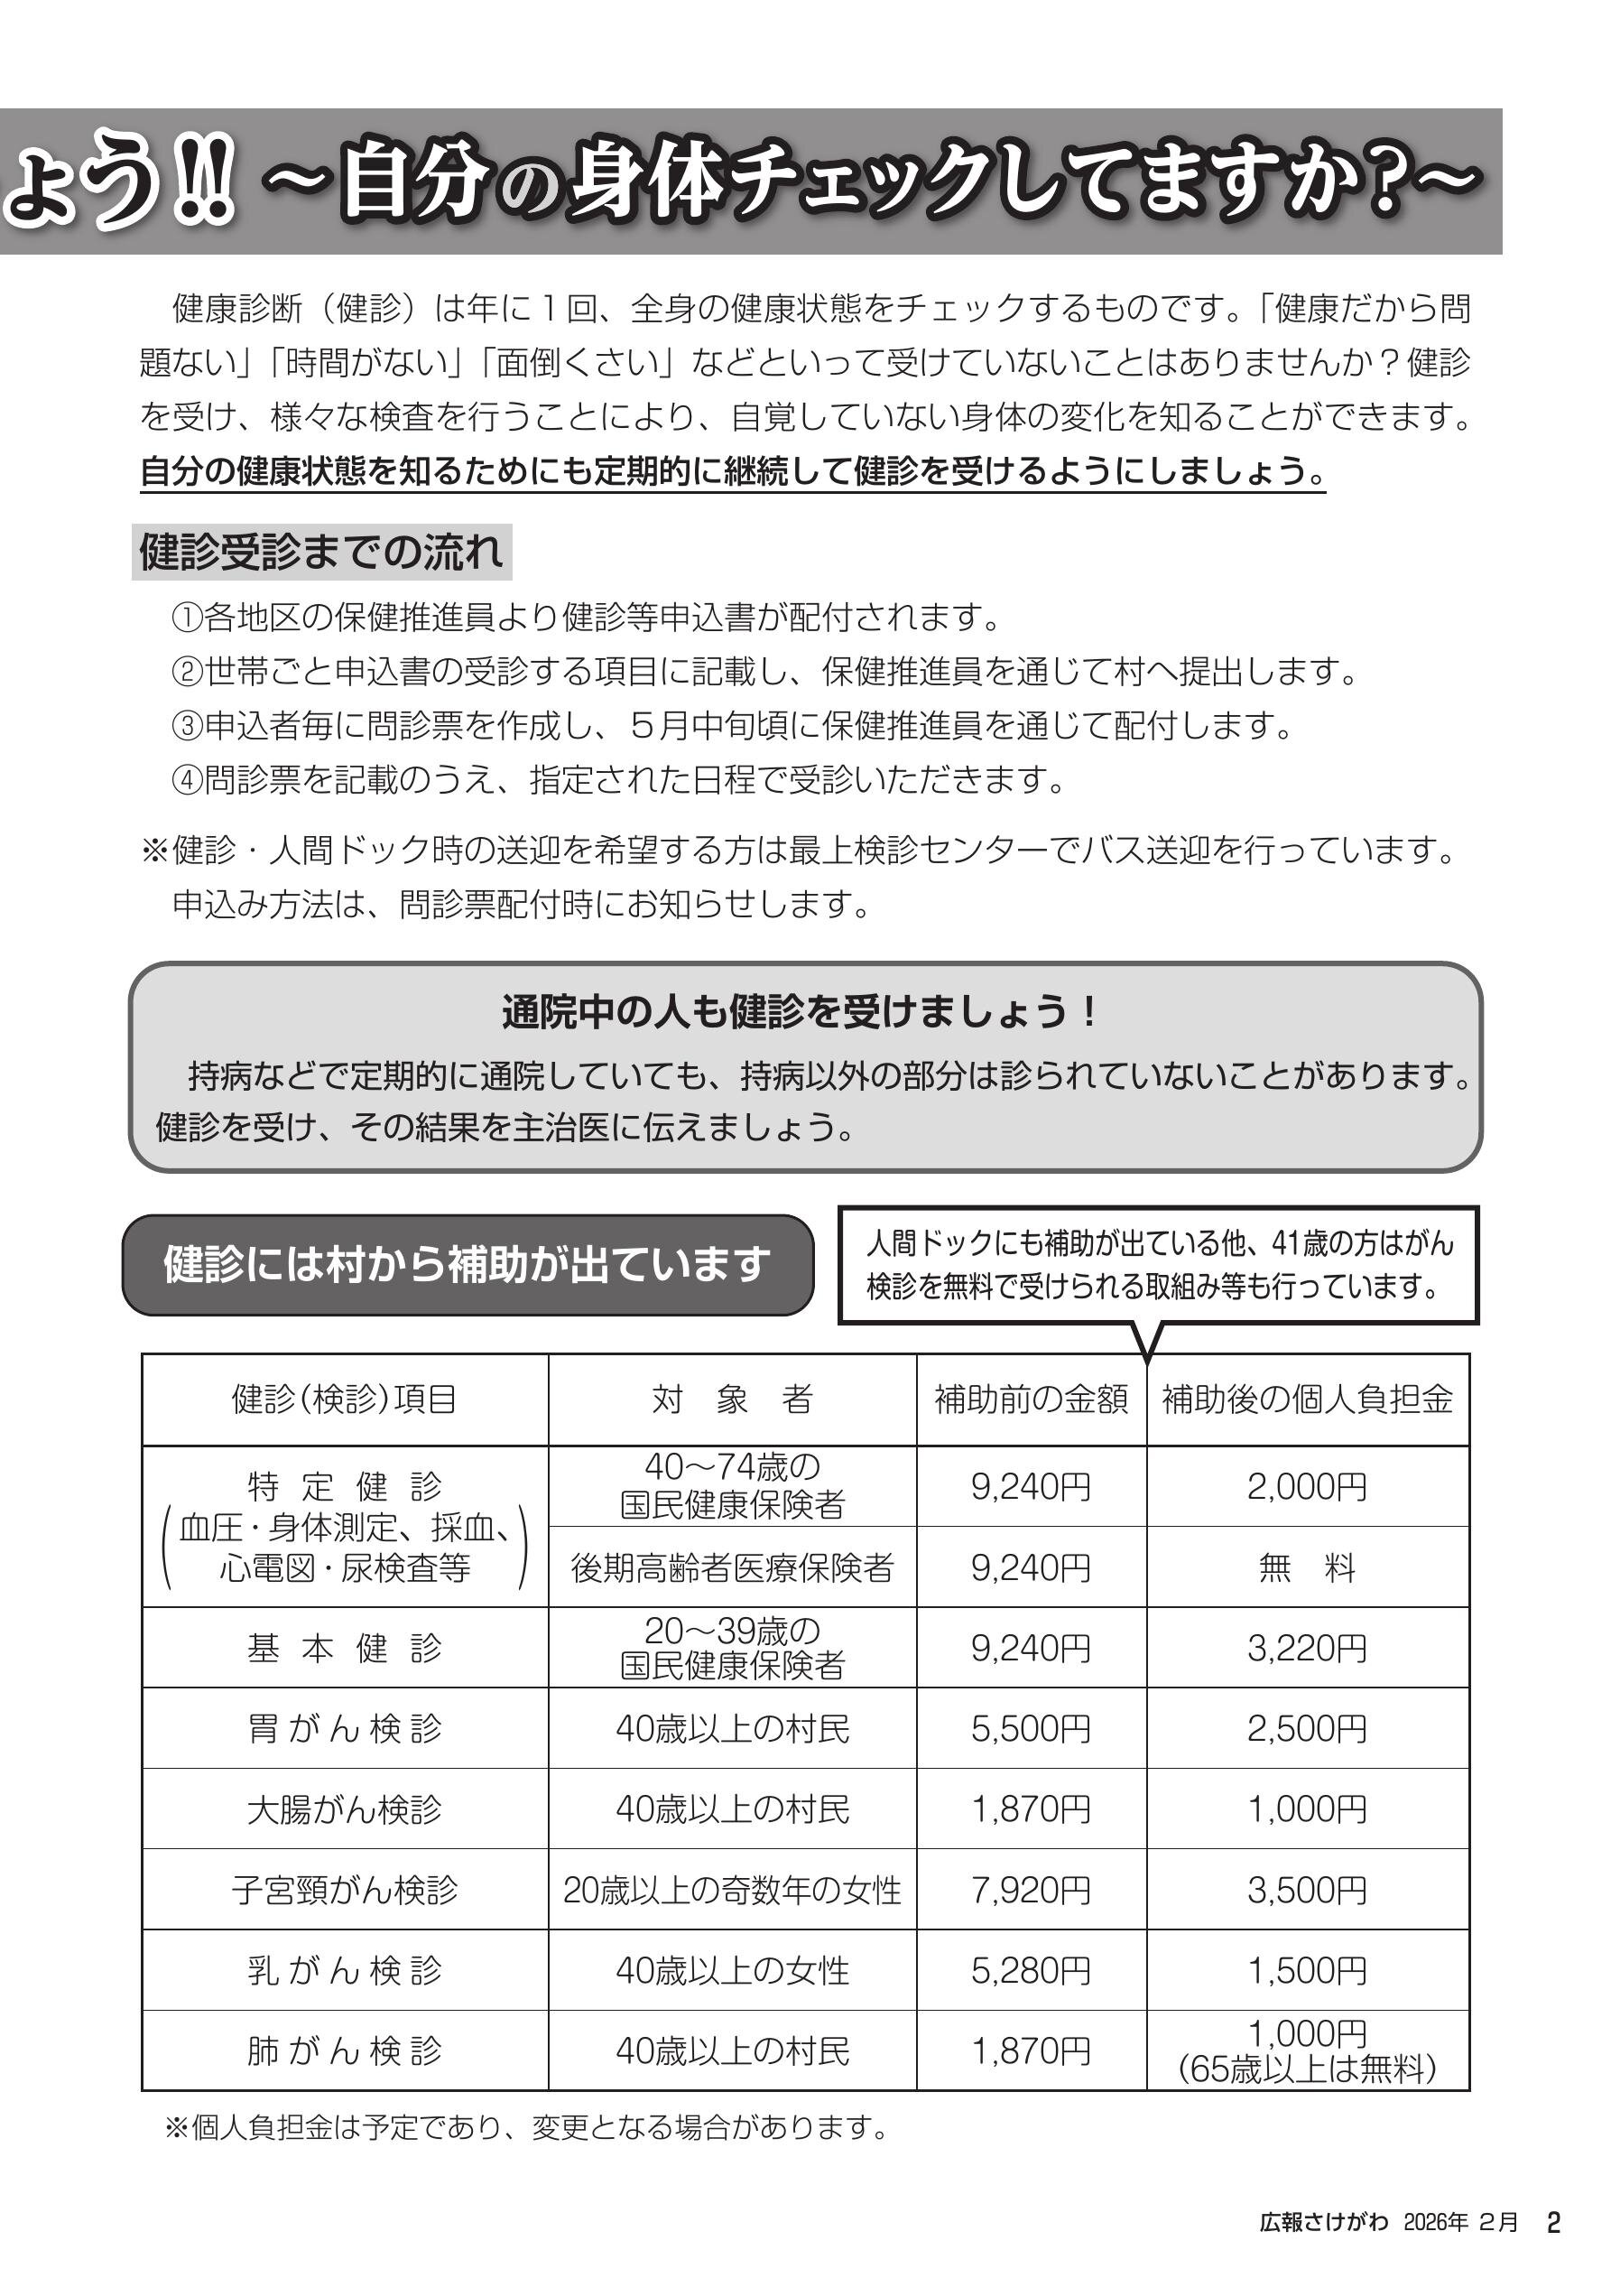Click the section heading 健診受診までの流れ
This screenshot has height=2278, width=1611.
(321, 553)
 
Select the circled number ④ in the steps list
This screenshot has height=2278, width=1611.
(188, 780)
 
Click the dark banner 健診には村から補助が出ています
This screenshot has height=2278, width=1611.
(468, 1265)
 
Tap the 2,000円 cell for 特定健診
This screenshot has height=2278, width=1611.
(1308, 1486)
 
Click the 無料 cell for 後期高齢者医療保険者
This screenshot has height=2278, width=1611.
(1308, 1568)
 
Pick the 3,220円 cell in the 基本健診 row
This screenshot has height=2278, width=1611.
(1308, 1649)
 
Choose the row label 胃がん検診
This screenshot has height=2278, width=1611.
(344, 1729)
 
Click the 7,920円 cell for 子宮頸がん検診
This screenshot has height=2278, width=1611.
(1031, 1890)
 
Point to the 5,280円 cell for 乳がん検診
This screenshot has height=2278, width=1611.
(1031, 1970)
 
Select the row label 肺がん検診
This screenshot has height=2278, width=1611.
(344, 2050)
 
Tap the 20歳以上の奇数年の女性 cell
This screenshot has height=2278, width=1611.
(732, 1890)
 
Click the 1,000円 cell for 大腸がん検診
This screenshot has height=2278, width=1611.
(1308, 1809)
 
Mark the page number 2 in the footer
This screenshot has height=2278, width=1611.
(1554, 2221)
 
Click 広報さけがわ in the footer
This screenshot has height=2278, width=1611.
(1323, 2222)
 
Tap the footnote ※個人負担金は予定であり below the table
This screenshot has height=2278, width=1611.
(526, 2128)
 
